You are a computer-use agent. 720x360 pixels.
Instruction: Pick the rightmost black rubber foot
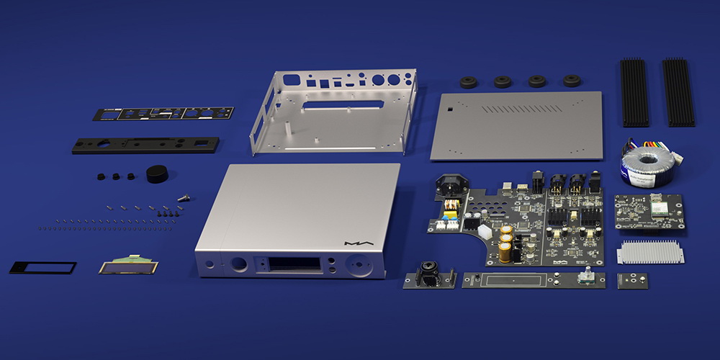[x=572, y=81]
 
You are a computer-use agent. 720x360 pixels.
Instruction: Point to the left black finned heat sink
[x=634, y=92]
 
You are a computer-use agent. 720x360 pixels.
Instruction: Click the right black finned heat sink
[x=678, y=92]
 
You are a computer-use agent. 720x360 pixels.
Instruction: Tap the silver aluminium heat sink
[x=650, y=252]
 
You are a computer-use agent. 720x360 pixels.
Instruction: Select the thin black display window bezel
[x=42, y=267]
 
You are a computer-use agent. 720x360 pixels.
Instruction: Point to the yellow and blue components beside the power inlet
[x=451, y=212]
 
